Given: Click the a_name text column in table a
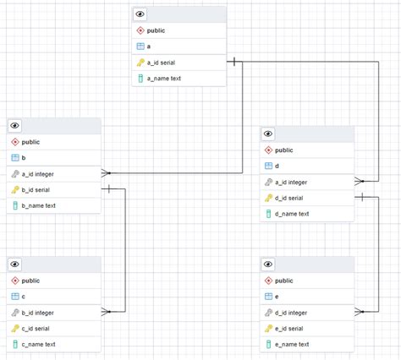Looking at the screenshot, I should coord(164,79).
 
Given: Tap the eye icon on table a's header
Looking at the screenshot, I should coord(140,14).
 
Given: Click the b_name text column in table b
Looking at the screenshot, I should coord(39,205).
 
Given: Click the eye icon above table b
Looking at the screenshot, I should coord(15,126).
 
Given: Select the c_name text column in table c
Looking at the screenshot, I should coord(39,344).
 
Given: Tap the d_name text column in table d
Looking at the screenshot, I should coord(292,214).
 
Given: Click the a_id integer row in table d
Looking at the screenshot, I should coord(294,182).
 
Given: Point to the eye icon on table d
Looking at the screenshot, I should coord(268,134).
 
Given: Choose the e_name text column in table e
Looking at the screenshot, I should coord(292,344).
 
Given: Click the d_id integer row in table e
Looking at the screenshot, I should coord(294,313).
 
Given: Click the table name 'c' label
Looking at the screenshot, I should coord(24,296).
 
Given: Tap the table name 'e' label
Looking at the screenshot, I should coord(277,296).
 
